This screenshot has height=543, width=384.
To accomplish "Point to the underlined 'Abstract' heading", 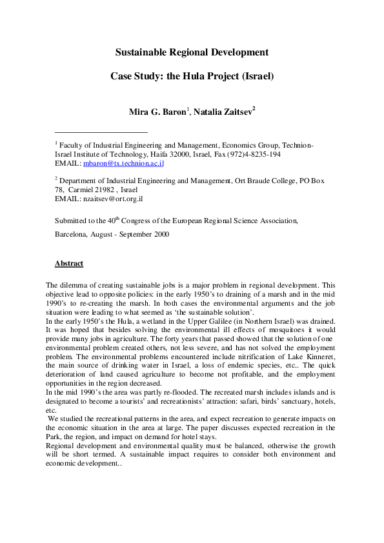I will pos(69,263).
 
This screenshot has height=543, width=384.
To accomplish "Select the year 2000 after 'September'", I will pos(160,235).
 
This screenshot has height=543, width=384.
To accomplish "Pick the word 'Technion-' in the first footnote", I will pos(297,146).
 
